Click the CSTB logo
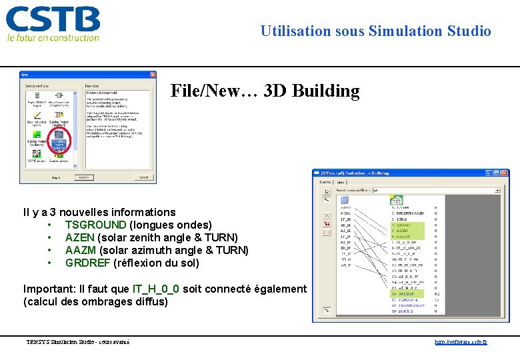pyautogui.click(x=53, y=24)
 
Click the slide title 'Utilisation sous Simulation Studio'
pyautogui.click(x=375, y=31)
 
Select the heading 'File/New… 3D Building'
pyautogui.click(x=265, y=91)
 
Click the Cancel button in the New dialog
pyautogui.click(x=143, y=177)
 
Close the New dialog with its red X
pyautogui.click(x=151, y=75)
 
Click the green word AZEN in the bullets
pyautogui.click(x=80, y=237)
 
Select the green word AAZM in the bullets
pyautogui.click(x=80, y=250)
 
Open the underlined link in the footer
pyautogui.click(x=461, y=342)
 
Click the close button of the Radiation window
pyautogui.click(x=505, y=173)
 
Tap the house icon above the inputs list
pyautogui.click(x=396, y=199)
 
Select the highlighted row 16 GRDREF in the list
pyautogui.click(x=407, y=293)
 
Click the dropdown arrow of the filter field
pyautogui.click(x=497, y=190)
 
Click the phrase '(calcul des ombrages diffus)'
pyautogui.click(x=96, y=301)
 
